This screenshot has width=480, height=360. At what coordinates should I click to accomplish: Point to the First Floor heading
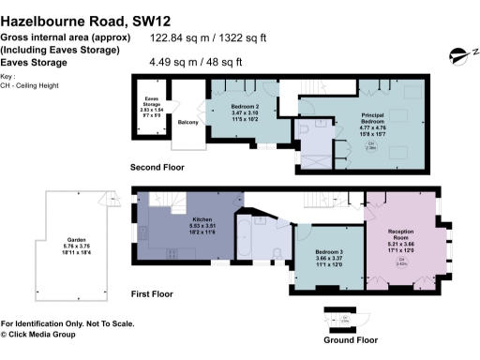pyautogui.click(x=153, y=294)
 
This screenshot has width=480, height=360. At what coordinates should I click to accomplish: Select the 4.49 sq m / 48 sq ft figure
pyautogui.click(x=196, y=63)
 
